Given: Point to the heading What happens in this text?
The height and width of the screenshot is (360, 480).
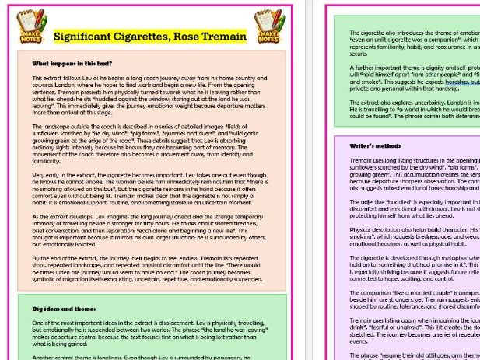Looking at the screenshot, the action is [x=72, y=63].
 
